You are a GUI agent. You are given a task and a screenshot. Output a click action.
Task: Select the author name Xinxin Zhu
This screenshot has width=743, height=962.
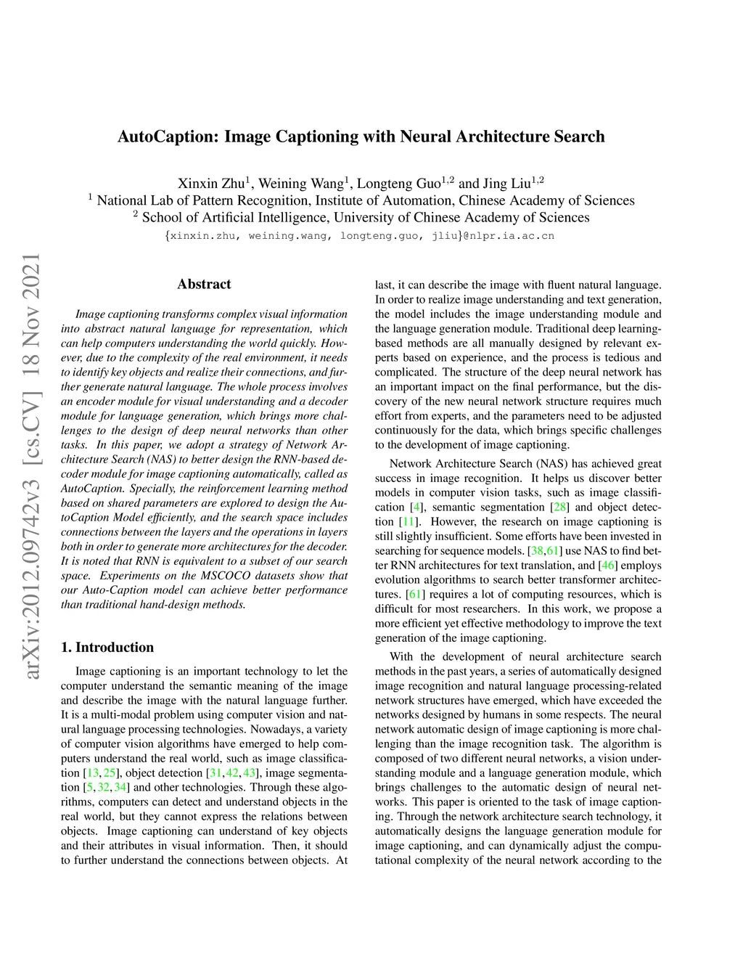211,183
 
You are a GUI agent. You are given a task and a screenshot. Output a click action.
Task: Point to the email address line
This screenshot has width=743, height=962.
360,236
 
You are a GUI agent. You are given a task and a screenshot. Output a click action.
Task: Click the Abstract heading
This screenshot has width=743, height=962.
204,284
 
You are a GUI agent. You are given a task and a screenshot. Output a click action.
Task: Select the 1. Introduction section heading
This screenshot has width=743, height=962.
107,647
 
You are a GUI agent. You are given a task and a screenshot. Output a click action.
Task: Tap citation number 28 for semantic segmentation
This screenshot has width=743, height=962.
559,508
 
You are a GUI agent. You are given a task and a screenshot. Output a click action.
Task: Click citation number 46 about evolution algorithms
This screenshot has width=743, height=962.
607,566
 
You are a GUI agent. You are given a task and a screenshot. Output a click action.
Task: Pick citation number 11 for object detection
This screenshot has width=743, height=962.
409,522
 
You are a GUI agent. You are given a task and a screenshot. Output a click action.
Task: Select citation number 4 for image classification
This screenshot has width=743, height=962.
416,508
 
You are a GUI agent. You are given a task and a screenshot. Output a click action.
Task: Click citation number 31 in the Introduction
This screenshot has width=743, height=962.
215,773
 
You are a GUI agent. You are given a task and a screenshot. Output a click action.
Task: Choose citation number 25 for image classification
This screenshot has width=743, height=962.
110,773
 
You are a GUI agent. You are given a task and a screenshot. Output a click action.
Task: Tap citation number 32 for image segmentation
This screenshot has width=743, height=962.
104,788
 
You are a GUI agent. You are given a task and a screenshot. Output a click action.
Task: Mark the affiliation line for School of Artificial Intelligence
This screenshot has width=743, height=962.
365,217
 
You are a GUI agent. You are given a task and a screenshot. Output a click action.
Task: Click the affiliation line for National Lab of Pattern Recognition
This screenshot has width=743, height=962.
365,200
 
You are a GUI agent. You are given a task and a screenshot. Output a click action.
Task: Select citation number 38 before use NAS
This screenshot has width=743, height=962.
537,551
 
